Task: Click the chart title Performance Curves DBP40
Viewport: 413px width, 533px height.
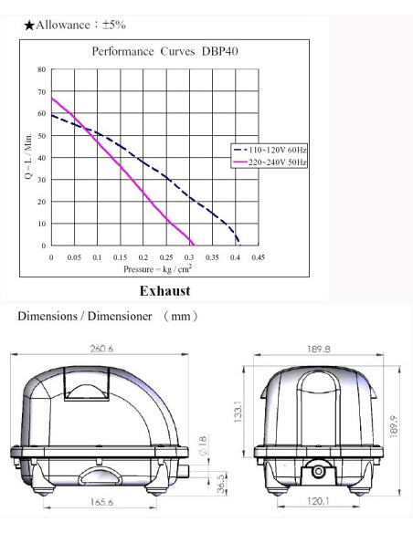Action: pyautogui.click(x=165, y=52)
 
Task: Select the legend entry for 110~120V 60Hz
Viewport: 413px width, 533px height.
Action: pyautogui.click(x=270, y=150)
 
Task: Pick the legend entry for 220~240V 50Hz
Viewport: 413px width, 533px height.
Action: pyautogui.click(x=270, y=162)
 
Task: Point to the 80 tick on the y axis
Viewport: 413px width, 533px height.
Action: pyautogui.click(x=41, y=69)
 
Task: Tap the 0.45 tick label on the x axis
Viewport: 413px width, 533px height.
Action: pyautogui.click(x=259, y=257)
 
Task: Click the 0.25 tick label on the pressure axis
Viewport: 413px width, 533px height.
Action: pyautogui.click(x=166, y=257)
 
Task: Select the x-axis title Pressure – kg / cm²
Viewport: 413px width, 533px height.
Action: pyautogui.click(x=157, y=269)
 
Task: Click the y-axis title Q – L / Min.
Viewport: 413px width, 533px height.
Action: pyautogui.click(x=29, y=156)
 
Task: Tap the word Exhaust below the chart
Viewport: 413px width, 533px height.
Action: pyautogui.click(x=165, y=291)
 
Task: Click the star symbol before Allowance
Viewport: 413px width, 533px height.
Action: pyautogui.click(x=29, y=26)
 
